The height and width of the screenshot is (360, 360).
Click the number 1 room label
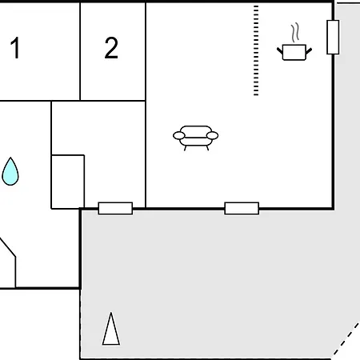tap(15, 48)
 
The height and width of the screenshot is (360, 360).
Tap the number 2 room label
tap(111, 48)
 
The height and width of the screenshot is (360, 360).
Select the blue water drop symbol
tap(10, 171)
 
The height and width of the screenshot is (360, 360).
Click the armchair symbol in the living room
tap(196, 138)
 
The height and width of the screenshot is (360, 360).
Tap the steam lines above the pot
tap(295, 33)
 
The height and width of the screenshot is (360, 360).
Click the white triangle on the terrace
tap(111, 329)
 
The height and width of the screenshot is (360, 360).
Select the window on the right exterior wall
tap(333, 37)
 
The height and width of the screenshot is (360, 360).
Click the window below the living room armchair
tap(242, 208)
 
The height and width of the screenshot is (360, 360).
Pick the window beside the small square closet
tap(115, 208)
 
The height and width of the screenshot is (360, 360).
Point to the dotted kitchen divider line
tap(256, 50)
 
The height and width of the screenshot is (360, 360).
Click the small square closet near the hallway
tap(68, 182)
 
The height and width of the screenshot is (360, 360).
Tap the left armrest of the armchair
tap(179, 135)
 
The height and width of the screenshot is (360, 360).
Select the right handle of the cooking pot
tap(309, 51)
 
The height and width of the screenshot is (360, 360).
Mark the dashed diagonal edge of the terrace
tap(346, 339)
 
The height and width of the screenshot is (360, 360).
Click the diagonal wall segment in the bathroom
tap(7, 247)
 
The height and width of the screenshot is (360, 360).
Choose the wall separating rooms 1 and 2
tap(80, 51)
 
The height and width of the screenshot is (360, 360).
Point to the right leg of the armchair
tap(207, 148)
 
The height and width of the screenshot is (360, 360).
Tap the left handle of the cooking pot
tap(280, 51)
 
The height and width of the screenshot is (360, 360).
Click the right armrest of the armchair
tap(213, 135)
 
